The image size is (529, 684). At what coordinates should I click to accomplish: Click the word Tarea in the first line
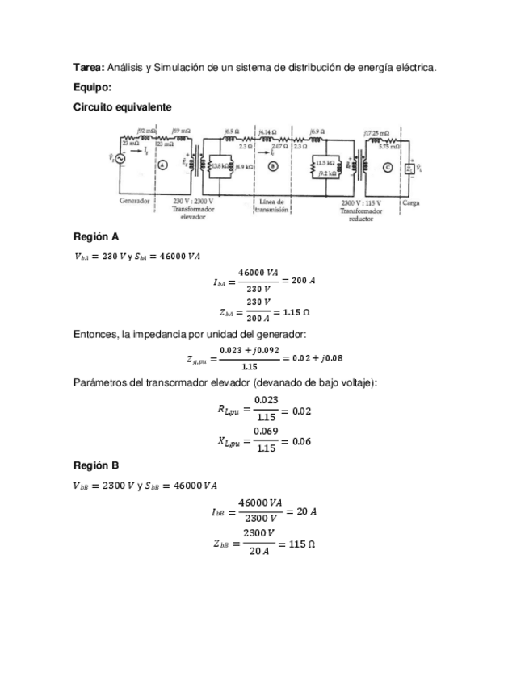[x=87, y=68]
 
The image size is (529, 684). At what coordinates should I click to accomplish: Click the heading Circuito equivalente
[x=122, y=106]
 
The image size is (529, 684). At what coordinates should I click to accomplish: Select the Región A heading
[x=96, y=236]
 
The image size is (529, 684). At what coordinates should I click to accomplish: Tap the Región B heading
[x=96, y=465]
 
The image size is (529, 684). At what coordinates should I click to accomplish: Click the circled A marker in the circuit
[x=162, y=165]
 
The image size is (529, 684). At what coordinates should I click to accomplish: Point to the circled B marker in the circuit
[x=273, y=166]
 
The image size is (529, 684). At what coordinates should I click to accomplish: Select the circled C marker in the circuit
[x=388, y=168]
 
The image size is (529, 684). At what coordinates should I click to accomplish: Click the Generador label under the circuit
[x=135, y=201]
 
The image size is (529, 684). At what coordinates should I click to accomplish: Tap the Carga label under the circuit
[x=410, y=202]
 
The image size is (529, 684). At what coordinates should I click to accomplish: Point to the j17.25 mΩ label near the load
[x=376, y=132]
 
